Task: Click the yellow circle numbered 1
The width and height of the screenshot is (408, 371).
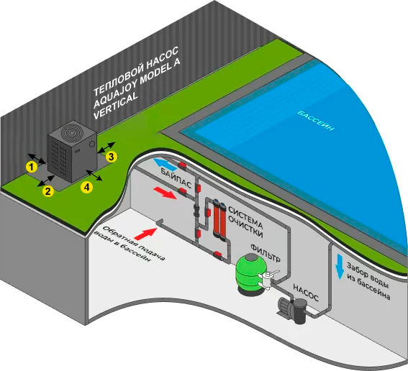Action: click(x=32, y=167)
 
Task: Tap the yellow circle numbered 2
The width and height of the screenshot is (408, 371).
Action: click(x=48, y=191)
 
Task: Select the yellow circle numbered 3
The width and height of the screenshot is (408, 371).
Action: click(x=111, y=157)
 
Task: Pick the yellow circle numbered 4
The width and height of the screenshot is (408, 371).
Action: click(x=86, y=187)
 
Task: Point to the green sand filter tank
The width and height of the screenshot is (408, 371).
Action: click(x=249, y=274)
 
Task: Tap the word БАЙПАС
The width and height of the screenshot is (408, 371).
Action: click(x=176, y=178)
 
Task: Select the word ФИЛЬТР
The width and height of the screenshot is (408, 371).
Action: click(x=266, y=253)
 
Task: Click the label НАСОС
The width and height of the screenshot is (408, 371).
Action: click(x=306, y=293)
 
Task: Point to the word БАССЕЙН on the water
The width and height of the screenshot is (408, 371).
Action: click(x=316, y=120)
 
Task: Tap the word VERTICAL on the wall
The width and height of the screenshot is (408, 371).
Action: click(x=115, y=106)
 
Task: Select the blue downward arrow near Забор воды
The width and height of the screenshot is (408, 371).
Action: click(x=340, y=267)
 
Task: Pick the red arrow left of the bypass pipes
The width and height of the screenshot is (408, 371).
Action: click(x=166, y=193)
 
